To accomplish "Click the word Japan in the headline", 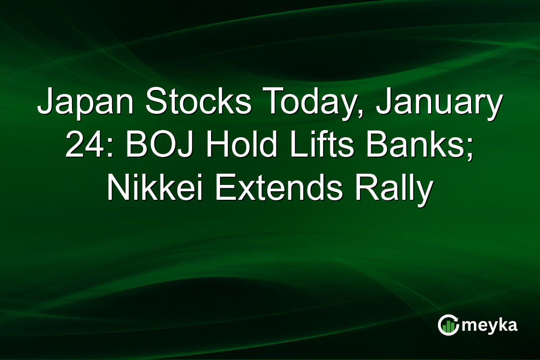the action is click(85, 103).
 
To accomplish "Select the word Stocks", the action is click(198, 100).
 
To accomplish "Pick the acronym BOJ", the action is click(159, 144).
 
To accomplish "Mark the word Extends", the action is click(279, 186).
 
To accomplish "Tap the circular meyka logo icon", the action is click(448, 325).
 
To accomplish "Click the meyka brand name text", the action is click(489, 325).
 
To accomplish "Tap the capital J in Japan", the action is click(46, 101).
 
